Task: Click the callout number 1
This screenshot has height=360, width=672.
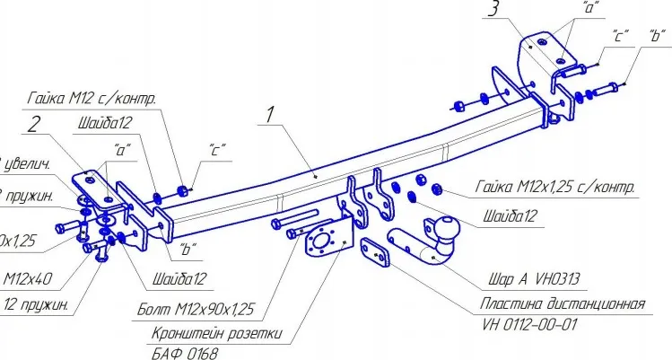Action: [x=266, y=115]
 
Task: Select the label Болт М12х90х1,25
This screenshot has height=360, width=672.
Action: [x=196, y=311]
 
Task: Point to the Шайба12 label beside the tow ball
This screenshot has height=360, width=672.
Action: [x=509, y=215]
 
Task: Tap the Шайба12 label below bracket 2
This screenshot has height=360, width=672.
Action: [x=179, y=277]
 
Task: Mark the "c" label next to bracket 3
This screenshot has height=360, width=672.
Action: [x=619, y=40]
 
